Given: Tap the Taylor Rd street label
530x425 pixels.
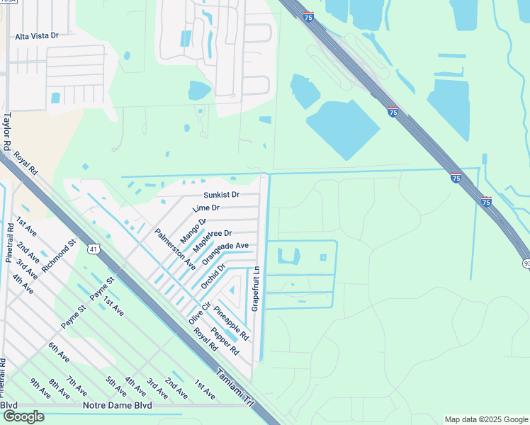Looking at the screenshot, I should [8, 131].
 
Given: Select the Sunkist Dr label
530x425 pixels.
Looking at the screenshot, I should [221, 194].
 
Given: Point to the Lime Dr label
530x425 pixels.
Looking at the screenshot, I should [205, 208].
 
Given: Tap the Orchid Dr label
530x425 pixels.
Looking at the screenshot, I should [213, 276].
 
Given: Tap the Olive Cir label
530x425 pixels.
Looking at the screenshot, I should [201, 314].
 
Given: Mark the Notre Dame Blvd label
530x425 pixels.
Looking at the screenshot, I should [117, 405].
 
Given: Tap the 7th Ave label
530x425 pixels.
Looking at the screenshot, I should [77, 385].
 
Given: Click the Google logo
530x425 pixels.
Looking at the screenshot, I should [23, 416].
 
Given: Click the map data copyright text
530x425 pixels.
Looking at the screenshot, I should [485, 419].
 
